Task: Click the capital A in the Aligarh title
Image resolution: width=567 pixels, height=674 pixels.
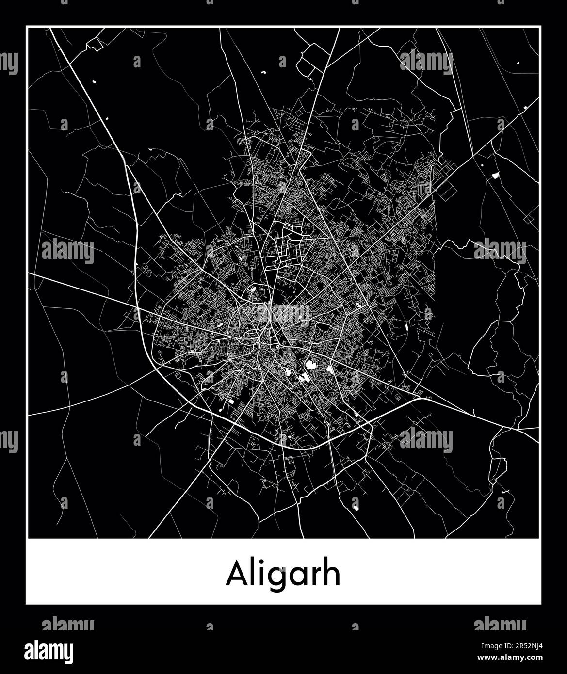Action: coord(236,575)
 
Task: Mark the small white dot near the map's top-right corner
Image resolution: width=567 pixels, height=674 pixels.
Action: coord(518,64)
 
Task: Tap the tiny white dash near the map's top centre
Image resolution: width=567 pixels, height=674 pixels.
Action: coord(265,72)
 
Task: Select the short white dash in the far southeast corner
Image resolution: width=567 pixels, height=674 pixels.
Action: coord(506,492)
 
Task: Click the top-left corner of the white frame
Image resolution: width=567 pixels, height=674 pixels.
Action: coord(26,27)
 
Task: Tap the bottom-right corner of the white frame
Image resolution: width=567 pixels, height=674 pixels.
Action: coord(541,604)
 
